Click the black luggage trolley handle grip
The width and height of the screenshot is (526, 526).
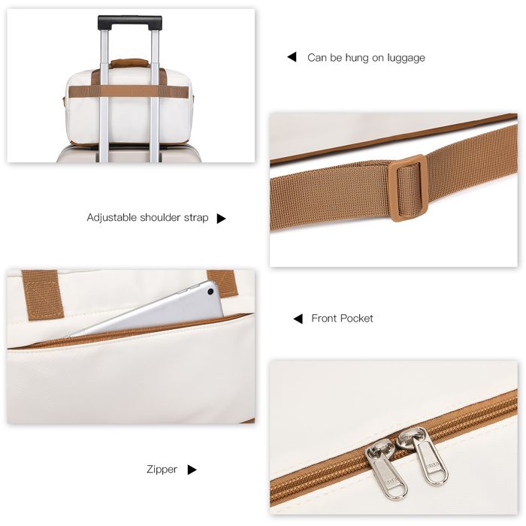pyautogui.click(x=129, y=21)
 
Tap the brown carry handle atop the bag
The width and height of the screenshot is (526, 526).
pyautogui.click(x=129, y=63)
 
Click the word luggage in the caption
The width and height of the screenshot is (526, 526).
pyautogui.click(x=406, y=58)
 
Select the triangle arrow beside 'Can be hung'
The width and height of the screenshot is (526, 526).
pyautogui.click(x=292, y=57)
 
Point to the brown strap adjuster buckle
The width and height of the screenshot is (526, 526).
pyautogui.click(x=408, y=188)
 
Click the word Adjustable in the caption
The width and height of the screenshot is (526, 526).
pyautogui.click(x=112, y=218)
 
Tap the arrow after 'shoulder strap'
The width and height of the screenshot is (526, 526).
pyautogui.click(x=221, y=219)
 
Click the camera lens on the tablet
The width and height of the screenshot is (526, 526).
pyautogui.click(x=210, y=292)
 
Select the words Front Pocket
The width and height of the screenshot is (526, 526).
pyautogui.click(x=342, y=319)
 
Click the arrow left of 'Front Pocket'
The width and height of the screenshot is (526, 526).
pyautogui.click(x=298, y=319)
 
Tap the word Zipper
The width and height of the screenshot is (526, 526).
pyautogui.click(x=162, y=469)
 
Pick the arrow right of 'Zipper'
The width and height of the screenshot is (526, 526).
pyautogui.click(x=192, y=470)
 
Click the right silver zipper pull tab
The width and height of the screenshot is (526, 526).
pyautogui.click(x=425, y=454)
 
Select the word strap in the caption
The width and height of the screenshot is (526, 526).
pyautogui.click(x=196, y=218)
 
